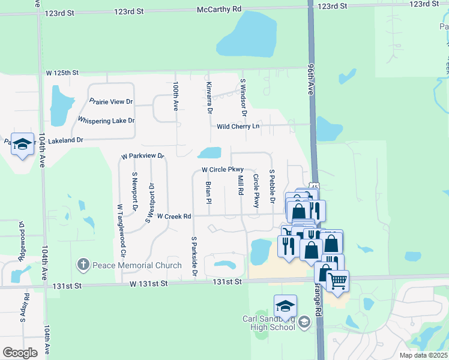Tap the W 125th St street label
[x=62, y=73]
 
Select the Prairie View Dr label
[x=110, y=102]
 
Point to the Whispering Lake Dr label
[x=106, y=121]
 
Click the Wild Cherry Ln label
[x=238, y=126]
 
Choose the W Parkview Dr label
[x=142, y=156]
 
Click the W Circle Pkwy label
[x=222, y=170]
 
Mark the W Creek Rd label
[x=173, y=216]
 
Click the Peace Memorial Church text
[x=137, y=265]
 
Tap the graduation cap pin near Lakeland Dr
[x=23, y=144]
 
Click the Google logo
[x=20, y=352]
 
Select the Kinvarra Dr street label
[x=209, y=98]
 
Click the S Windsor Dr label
[x=244, y=97]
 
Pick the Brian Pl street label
[x=208, y=193]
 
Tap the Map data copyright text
[x=423, y=355]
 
